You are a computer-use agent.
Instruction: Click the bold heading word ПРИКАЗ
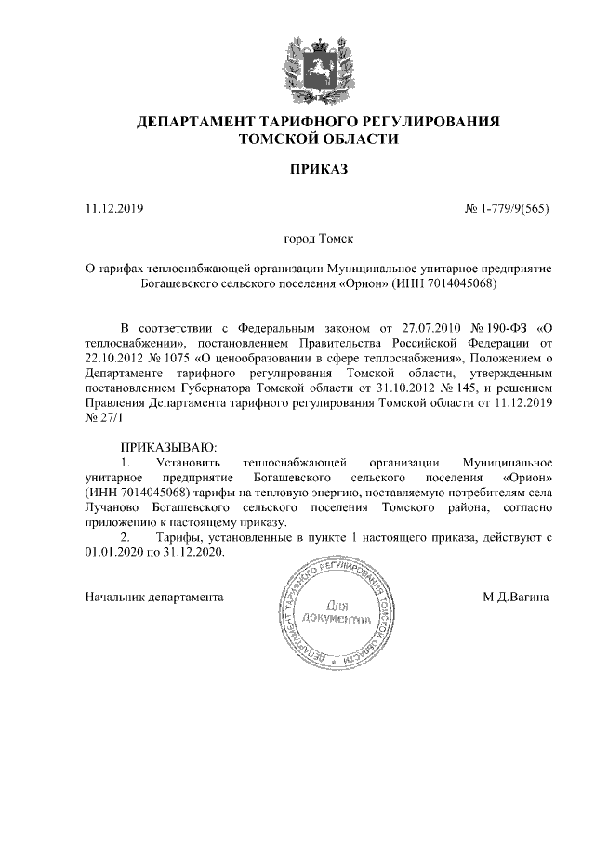[x=319, y=169]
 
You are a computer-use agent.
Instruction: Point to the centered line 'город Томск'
[x=318, y=240]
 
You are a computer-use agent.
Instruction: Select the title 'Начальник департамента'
[x=154, y=596]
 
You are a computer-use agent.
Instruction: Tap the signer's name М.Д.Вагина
[x=516, y=596]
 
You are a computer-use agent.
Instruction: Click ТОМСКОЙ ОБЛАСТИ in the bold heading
[x=319, y=139]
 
